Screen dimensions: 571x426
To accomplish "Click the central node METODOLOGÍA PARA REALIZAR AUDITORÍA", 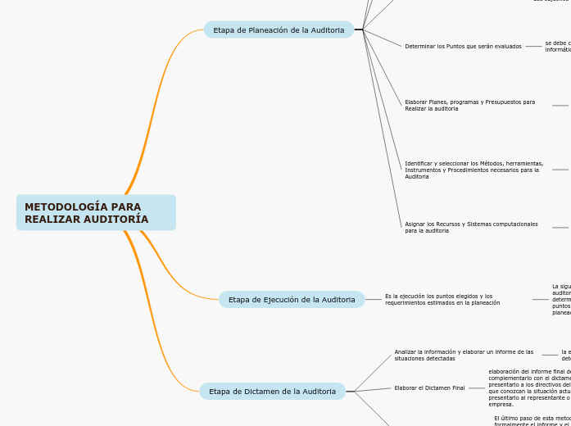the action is click(x=96, y=213).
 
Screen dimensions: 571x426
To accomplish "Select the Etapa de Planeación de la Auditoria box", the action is click(x=279, y=30).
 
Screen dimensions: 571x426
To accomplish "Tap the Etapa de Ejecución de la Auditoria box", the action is click(x=292, y=300).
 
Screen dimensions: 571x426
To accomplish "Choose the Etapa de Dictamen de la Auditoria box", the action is click(x=272, y=392).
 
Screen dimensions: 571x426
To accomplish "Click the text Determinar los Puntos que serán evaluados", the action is click(x=463, y=47).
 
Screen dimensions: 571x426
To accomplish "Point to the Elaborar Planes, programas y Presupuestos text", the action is click(x=469, y=105).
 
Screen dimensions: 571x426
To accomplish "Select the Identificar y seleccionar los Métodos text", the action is click(x=474, y=170).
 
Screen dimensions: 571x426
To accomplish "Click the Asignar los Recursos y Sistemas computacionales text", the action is click(x=471, y=227).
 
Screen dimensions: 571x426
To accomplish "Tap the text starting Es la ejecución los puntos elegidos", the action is click(x=442, y=299).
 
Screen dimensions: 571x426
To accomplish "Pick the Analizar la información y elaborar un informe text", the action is click(x=464, y=355).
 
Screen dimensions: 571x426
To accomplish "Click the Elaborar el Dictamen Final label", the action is click(x=429, y=388).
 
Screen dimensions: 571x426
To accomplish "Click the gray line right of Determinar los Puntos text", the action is click(x=533, y=47).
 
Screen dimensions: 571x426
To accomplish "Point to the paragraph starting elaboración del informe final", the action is click(x=529, y=387).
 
